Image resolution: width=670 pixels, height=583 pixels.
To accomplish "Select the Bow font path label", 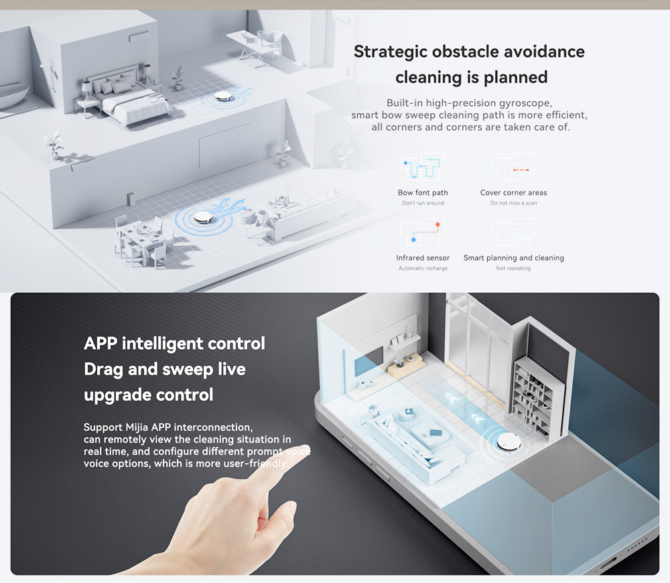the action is pos(423,192).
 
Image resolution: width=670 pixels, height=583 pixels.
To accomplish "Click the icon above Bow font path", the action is pos(423,167).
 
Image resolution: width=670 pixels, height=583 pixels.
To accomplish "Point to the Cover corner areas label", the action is pos(514,192).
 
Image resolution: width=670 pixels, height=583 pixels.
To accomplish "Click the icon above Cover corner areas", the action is pos(514,167).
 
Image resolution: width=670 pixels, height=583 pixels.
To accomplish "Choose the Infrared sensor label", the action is pos(423,258).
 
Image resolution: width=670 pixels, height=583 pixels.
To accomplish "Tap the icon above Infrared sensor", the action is pos(423,232).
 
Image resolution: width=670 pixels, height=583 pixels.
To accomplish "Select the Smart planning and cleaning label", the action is pos(514,258).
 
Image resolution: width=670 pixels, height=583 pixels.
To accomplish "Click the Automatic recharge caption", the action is pos(423,268).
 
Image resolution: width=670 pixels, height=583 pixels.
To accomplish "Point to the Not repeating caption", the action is pos(514,268).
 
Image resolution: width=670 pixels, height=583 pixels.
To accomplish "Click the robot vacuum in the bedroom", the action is pos(222,96).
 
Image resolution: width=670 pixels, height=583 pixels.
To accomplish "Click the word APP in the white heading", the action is pos(100,344).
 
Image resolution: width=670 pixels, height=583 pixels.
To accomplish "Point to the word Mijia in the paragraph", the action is pos(137,428).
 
